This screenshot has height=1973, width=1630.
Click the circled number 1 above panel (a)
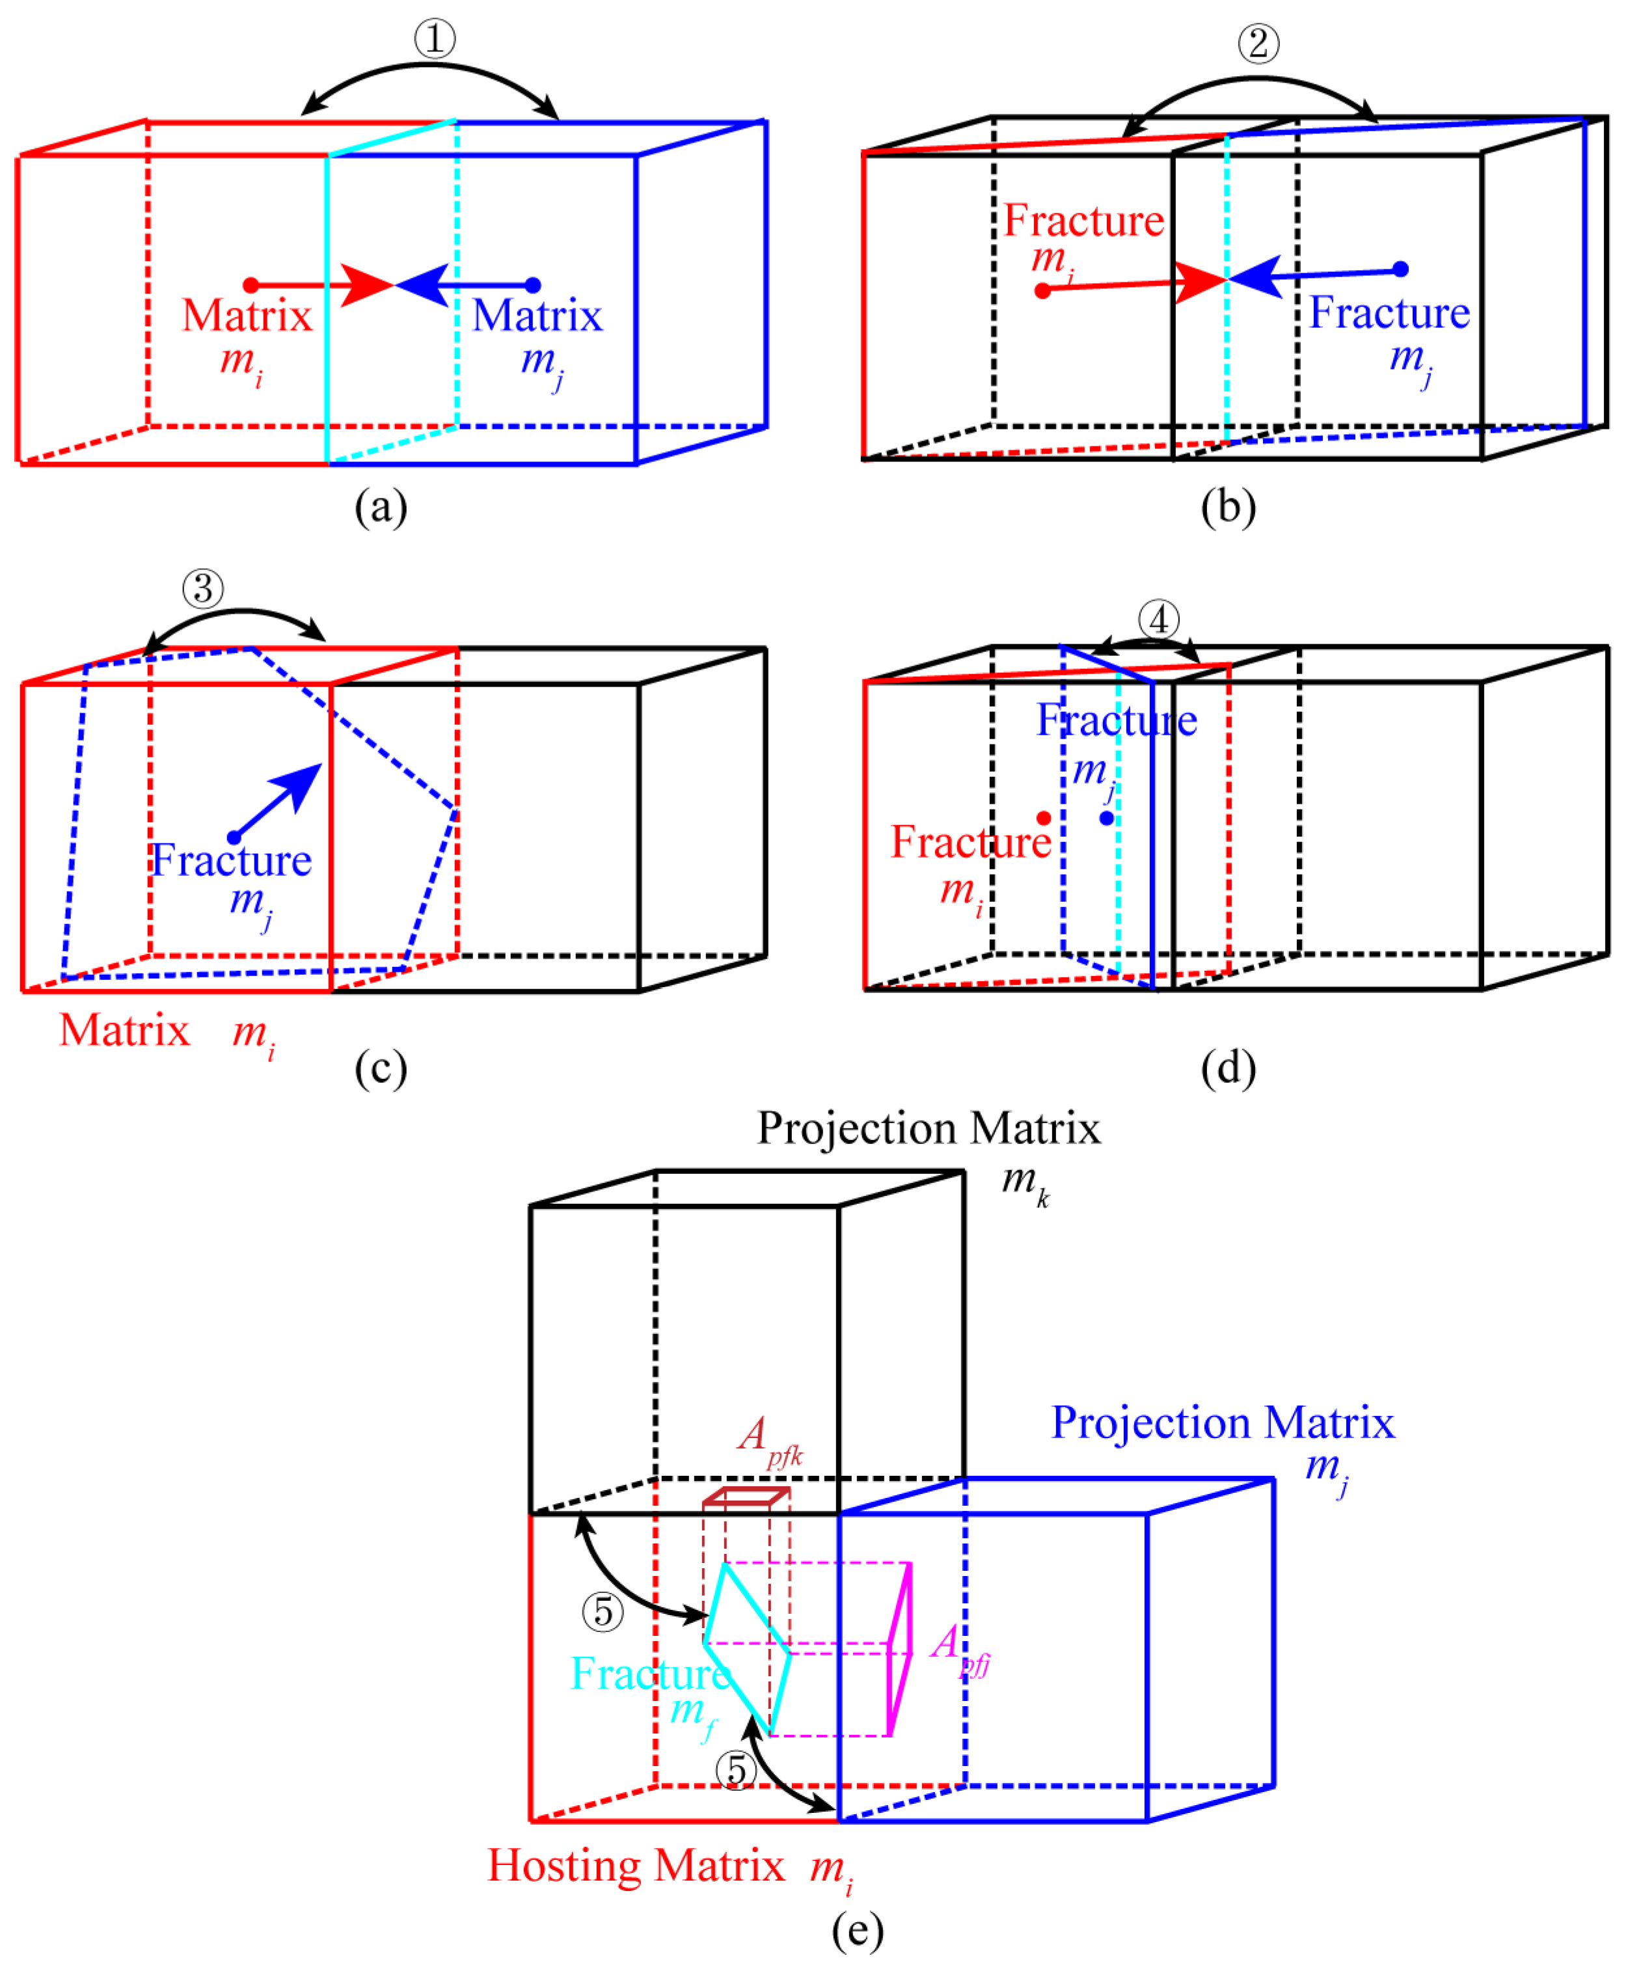(435, 38)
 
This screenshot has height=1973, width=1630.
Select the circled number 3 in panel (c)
(203, 589)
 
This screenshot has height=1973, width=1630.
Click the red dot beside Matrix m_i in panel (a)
(251, 284)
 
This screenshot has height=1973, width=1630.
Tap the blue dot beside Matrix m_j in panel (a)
(532, 284)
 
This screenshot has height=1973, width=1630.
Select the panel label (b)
(1227, 507)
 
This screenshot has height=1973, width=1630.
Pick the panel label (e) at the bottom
(857, 1930)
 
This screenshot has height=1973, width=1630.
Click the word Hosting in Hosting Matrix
(564, 1864)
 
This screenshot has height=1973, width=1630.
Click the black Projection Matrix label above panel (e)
(928, 1127)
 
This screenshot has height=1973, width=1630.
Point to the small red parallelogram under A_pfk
(746, 1496)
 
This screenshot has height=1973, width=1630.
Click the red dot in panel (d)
(1043, 818)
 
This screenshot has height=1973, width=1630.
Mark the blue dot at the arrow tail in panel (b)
(1400, 269)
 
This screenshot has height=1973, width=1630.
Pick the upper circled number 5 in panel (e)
(603, 1611)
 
